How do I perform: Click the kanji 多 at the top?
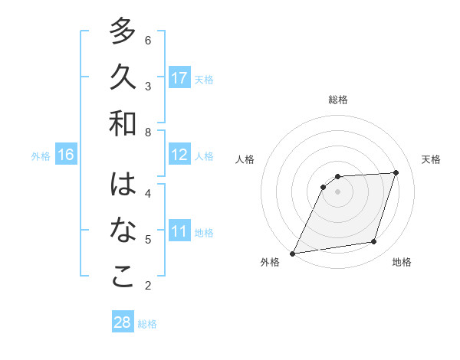coord(123,33)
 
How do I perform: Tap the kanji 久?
coord(123,77)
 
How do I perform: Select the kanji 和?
coord(123,124)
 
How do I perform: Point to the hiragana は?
coord(123,185)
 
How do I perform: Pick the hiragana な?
coord(123,231)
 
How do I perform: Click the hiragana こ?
coord(123,277)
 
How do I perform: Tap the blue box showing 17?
coord(179,78)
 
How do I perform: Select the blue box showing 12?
coord(179,155)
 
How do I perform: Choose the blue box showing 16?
coord(66,155)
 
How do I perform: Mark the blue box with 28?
coord(123,322)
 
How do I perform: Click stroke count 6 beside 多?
coord(148,40)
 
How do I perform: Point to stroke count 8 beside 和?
coord(148,133)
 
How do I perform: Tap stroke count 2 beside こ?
coord(148,286)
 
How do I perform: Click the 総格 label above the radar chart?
coord(338,100)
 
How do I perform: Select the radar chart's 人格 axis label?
coord(245,159)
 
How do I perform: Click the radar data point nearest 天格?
coord(396,172)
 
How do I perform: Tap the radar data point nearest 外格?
coord(292,254)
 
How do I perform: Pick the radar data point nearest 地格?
coord(374,242)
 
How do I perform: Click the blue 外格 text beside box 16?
coord(41,156)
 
